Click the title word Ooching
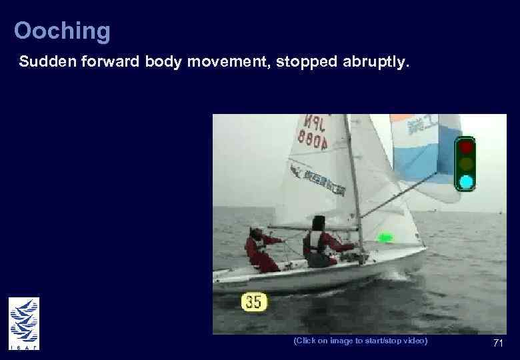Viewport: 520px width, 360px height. (62, 31)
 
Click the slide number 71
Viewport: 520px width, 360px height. (497, 343)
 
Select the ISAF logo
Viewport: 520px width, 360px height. (23, 323)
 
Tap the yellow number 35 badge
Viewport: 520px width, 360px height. (253, 301)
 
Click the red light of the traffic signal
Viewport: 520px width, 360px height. (466, 147)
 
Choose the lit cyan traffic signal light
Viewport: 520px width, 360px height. (466, 181)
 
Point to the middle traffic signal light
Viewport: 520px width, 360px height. (466, 164)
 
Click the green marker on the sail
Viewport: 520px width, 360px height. (385, 237)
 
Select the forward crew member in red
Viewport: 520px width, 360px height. (319, 242)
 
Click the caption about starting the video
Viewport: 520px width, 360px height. (360, 341)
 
